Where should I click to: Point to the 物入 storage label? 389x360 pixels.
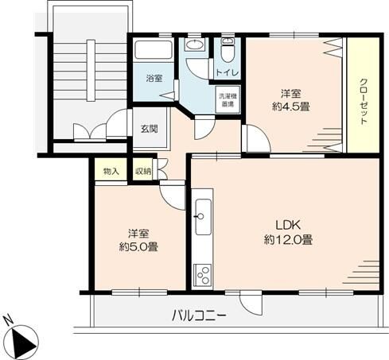tap(111, 171)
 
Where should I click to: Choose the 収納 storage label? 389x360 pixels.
tap(142, 171)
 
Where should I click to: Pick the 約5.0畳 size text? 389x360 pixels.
tap(137, 246)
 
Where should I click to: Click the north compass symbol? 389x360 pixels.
tap(24, 342)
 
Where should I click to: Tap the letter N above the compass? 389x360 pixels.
tap(8, 321)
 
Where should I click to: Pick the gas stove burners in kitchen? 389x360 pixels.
tap(201, 275)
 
